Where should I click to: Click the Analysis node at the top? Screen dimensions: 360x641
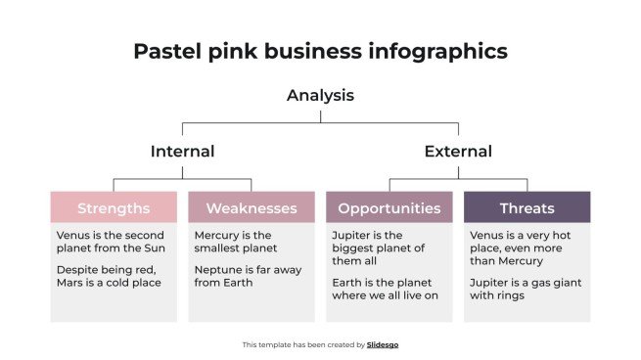[x=320, y=96]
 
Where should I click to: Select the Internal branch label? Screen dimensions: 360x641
[x=182, y=152]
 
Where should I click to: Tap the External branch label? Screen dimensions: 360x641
[x=457, y=152]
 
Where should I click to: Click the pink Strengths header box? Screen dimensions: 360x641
[x=114, y=207]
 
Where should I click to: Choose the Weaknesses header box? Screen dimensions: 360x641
[x=252, y=207]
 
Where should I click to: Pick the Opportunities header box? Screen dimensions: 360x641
[x=389, y=207]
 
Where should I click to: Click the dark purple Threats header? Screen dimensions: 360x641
[x=527, y=207]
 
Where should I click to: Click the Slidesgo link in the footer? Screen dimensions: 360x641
[x=383, y=344]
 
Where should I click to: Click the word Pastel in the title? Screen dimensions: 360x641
[x=165, y=51]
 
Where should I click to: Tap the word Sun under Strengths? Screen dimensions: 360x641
[x=155, y=248]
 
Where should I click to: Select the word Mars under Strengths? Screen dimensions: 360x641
[x=71, y=283]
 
